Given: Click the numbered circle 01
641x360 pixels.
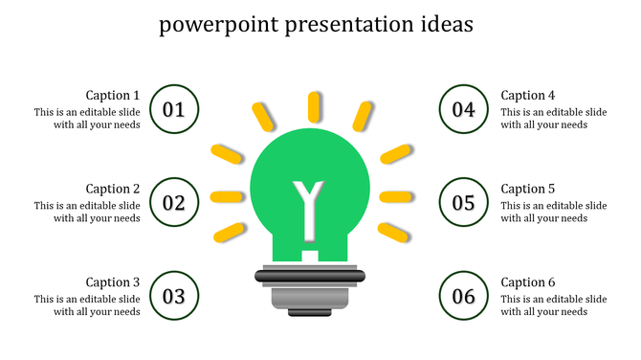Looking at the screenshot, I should click(174, 109).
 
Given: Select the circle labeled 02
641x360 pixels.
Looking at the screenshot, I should click(174, 202).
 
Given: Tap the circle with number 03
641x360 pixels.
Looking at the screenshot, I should click(174, 296).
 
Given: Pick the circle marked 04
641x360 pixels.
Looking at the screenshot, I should click(464, 109).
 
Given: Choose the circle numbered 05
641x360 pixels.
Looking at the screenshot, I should click(464, 202).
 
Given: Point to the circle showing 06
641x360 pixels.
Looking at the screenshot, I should click(464, 296).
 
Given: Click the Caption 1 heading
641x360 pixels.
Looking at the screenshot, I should click(113, 95).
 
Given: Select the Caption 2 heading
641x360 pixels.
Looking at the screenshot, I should click(113, 189).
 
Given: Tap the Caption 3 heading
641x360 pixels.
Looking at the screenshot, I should click(113, 282).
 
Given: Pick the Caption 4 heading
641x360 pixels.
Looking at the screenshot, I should click(528, 95).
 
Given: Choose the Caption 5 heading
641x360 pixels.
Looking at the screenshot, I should click(528, 189).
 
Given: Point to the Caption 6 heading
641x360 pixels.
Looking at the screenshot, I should click(528, 282).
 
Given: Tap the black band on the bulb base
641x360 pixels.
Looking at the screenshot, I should click(310, 276).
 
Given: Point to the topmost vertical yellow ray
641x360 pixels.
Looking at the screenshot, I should click(314, 105).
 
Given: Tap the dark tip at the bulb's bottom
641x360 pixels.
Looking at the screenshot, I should click(310, 311).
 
